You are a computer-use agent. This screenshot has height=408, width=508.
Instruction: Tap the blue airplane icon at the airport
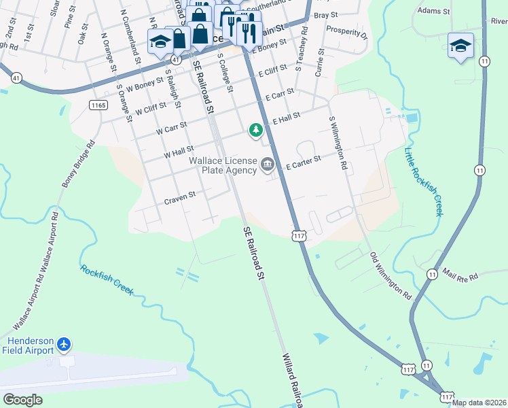(x=65, y=345)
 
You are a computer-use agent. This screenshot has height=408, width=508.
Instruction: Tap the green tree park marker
(x=255, y=129)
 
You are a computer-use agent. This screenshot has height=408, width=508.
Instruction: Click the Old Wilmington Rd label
(x=391, y=276)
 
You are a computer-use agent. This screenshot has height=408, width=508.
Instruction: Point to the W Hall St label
(x=179, y=149)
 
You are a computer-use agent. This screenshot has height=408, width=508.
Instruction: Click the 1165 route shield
(x=98, y=104)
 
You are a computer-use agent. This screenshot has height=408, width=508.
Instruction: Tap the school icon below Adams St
(x=460, y=46)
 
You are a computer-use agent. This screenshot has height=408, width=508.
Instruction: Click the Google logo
(x=22, y=399)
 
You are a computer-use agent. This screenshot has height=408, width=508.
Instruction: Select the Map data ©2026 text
(x=479, y=403)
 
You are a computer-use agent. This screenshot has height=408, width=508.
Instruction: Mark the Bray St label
(x=326, y=14)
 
